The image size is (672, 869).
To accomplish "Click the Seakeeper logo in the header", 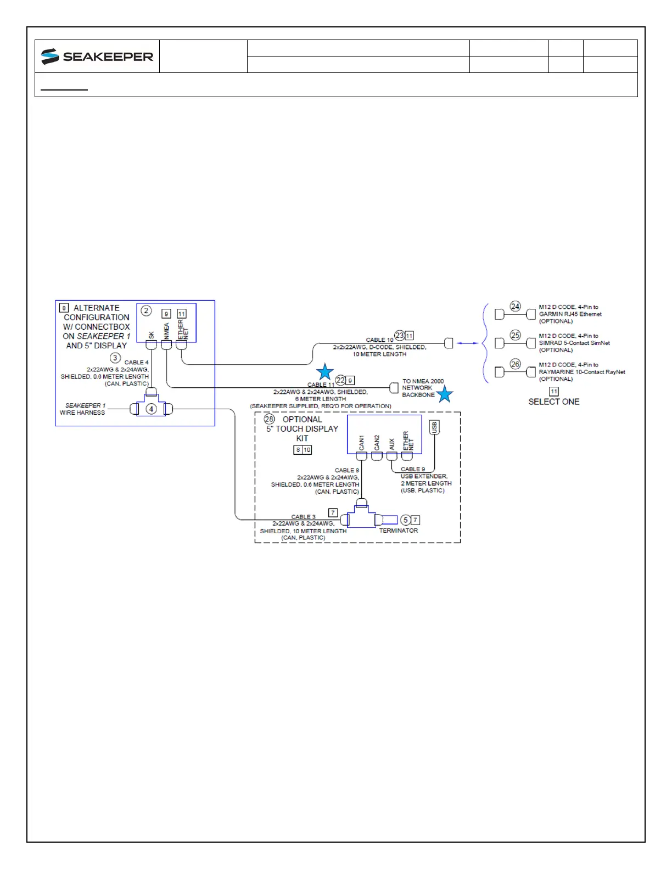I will [x=97, y=57].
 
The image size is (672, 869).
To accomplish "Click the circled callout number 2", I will [x=146, y=311].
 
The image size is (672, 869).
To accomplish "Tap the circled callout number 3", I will [x=115, y=358].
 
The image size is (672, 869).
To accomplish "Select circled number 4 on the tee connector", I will [x=151, y=409].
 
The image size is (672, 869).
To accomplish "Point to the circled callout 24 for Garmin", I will [x=515, y=306].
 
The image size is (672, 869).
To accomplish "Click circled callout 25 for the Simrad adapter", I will [x=515, y=335].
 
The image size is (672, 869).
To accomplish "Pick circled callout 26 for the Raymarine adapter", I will [x=515, y=364].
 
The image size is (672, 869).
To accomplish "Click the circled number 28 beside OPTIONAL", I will [x=269, y=419].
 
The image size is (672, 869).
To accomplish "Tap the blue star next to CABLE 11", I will [x=325, y=372].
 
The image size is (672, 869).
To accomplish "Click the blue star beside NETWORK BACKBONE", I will [x=444, y=394].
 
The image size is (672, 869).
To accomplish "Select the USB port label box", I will [x=434, y=427].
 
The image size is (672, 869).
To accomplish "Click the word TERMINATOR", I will [x=399, y=531].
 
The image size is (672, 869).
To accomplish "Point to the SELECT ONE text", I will [x=553, y=402].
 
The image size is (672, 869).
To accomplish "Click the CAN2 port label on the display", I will [x=377, y=442].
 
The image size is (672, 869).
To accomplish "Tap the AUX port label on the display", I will [x=391, y=444].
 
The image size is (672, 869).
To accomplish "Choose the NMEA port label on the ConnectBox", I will [x=166, y=331].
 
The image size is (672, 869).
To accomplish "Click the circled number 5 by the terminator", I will [x=405, y=520].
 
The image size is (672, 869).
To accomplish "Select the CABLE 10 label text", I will [x=379, y=340].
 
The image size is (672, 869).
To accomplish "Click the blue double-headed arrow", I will [x=468, y=343].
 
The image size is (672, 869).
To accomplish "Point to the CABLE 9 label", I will [x=413, y=470].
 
